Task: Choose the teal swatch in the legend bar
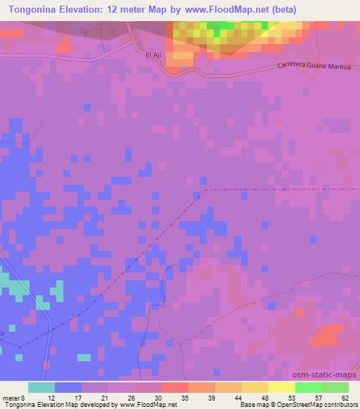41,387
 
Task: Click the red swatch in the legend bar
174,387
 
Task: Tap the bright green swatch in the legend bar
308,387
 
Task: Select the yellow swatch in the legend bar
281,387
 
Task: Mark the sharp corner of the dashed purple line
205,189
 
